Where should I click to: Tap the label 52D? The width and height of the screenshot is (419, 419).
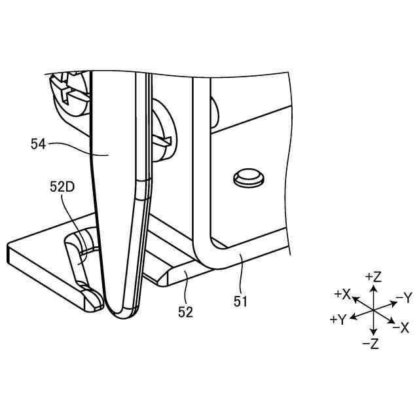pos(62,187)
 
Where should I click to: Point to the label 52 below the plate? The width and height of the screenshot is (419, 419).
pos(185,312)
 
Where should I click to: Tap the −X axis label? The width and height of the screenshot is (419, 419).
pos(401,327)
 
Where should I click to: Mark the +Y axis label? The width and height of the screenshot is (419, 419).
pos(338,319)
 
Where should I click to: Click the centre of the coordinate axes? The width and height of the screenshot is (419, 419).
pos(372,308)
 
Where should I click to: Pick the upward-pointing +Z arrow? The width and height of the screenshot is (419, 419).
pos(372,291)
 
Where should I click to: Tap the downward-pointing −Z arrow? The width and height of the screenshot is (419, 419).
pos(372,327)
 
